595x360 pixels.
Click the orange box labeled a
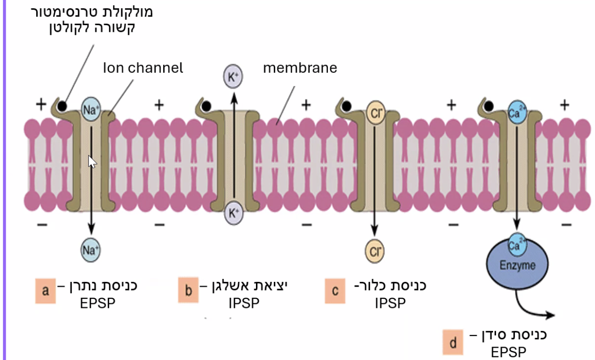pyautogui.click(x=46, y=291)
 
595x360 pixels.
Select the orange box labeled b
pyautogui.click(x=188, y=291)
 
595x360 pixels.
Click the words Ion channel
pyautogui.click(x=143, y=68)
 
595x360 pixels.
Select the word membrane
pyautogui.click(x=299, y=68)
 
